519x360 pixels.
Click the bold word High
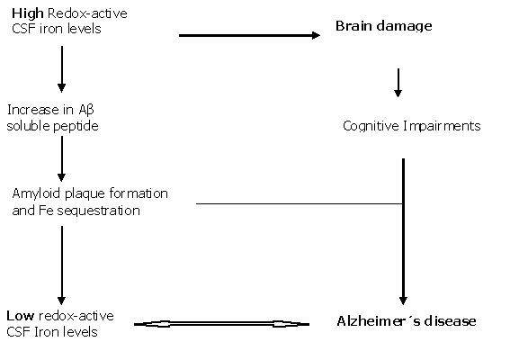point(28,13)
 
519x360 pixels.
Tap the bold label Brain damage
point(383,26)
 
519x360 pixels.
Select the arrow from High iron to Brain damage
point(249,35)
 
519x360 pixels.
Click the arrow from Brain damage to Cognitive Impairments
point(398,83)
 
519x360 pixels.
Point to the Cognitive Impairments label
point(411,126)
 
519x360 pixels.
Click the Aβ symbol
point(86,110)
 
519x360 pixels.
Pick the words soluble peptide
point(53,126)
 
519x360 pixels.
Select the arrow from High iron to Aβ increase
point(61,69)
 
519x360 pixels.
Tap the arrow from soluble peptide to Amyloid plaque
point(61,158)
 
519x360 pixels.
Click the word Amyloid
point(36,193)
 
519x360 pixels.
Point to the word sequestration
point(98,211)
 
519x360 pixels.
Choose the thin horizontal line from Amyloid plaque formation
point(300,203)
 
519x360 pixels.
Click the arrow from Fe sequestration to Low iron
point(61,265)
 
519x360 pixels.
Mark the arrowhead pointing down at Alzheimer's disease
point(403,300)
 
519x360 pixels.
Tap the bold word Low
point(20,316)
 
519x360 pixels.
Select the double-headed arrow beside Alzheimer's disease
point(221,324)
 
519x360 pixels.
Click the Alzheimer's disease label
point(407,321)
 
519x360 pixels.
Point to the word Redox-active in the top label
point(87,13)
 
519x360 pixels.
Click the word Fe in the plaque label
point(46,211)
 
